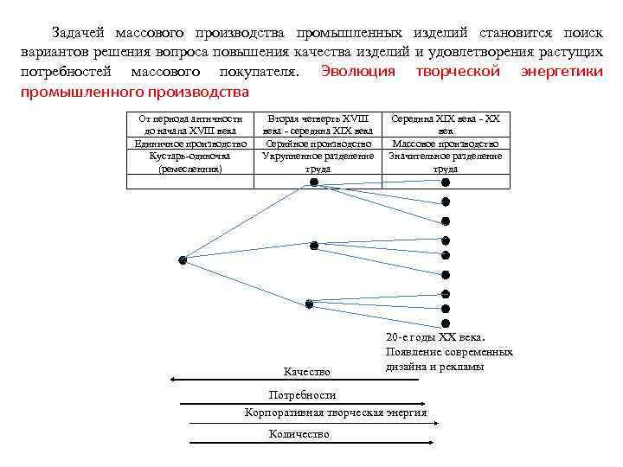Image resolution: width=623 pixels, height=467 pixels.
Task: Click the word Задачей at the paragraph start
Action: [x=79, y=33]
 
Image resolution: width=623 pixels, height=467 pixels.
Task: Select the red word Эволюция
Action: [x=357, y=72]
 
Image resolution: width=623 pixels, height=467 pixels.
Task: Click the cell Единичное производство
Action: [x=190, y=144]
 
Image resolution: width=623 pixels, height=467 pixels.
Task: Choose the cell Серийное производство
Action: [x=318, y=144]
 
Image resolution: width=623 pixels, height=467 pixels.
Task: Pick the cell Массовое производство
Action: [x=446, y=144]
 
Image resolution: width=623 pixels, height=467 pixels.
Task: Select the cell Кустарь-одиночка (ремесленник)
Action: [x=190, y=163]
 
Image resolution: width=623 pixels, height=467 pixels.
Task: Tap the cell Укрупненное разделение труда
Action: [x=318, y=163]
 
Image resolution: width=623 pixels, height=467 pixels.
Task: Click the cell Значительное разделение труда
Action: [x=446, y=163]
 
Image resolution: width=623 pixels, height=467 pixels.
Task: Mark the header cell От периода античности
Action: [x=190, y=124]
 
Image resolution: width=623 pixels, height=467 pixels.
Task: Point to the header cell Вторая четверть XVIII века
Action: [x=318, y=124]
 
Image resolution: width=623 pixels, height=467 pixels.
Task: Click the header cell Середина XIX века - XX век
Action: [x=446, y=124]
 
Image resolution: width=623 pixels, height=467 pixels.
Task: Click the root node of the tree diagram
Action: [x=183, y=259]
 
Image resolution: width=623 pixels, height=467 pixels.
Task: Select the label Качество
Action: [x=307, y=372]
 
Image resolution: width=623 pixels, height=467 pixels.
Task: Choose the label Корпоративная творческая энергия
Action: [x=336, y=413]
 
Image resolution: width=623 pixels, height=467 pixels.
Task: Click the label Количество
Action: [x=299, y=434]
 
